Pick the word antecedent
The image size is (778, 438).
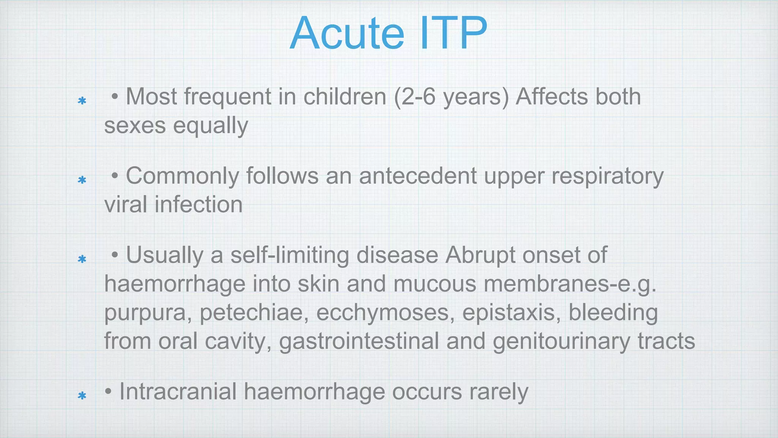point(418,176)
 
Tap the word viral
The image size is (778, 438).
point(125,205)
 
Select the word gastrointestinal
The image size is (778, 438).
point(359,341)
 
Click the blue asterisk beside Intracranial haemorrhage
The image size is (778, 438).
point(82,396)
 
